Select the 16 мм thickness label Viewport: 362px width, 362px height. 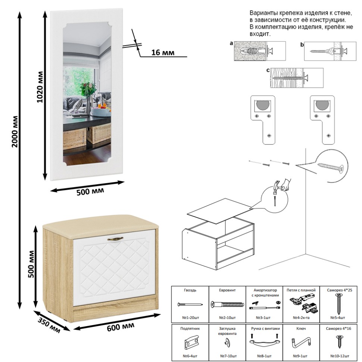tap(163, 52)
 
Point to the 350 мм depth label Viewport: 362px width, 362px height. tap(49, 325)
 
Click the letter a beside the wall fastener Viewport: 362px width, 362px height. tap(231, 44)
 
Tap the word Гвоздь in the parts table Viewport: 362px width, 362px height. tap(190, 290)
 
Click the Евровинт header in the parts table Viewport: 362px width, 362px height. tap(227, 290)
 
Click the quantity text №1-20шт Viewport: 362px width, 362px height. tap(190, 318)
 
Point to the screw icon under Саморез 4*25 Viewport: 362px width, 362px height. tap(339, 304)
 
